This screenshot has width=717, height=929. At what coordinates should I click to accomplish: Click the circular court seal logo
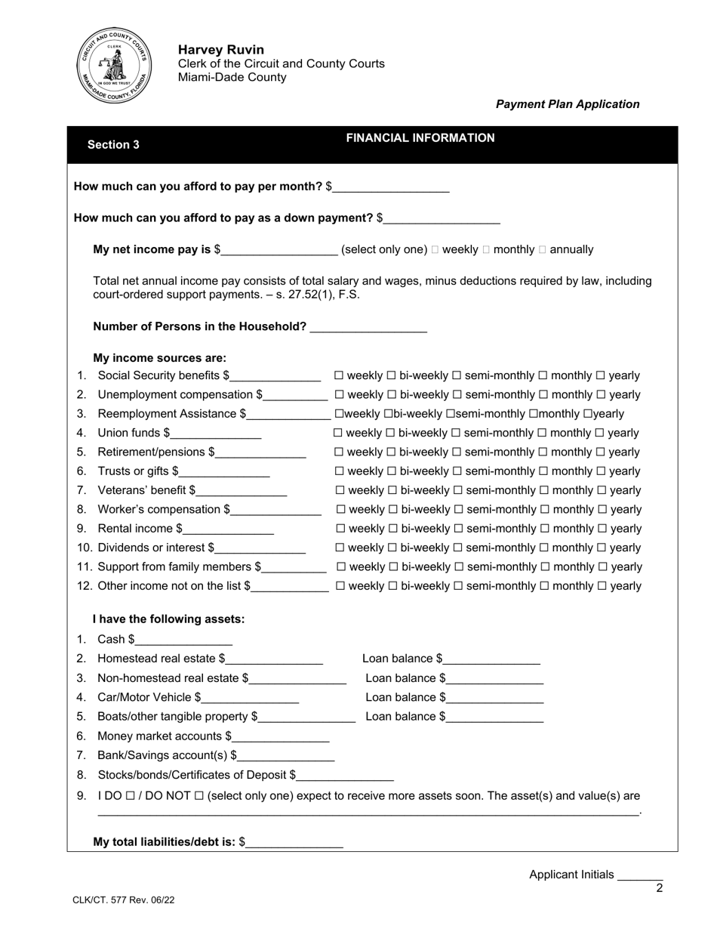pos(115,67)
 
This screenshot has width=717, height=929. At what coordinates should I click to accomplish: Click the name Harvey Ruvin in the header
pos(211,50)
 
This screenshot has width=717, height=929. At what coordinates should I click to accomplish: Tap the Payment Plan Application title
pos(567,104)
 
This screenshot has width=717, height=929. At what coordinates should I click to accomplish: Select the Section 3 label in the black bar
pos(113,145)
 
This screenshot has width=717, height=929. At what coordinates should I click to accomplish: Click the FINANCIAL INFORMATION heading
pos(420,138)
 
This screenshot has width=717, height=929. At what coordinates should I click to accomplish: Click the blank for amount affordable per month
pos(391,187)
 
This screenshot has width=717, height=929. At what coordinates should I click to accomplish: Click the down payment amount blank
pos(442,219)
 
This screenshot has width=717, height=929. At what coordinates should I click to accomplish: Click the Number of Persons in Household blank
pos(368,327)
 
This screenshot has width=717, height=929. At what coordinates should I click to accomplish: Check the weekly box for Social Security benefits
pos(339,376)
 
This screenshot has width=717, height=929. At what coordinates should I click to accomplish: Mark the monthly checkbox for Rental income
pos(543,529)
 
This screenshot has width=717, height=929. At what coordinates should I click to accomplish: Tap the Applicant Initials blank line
pos(639,876)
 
